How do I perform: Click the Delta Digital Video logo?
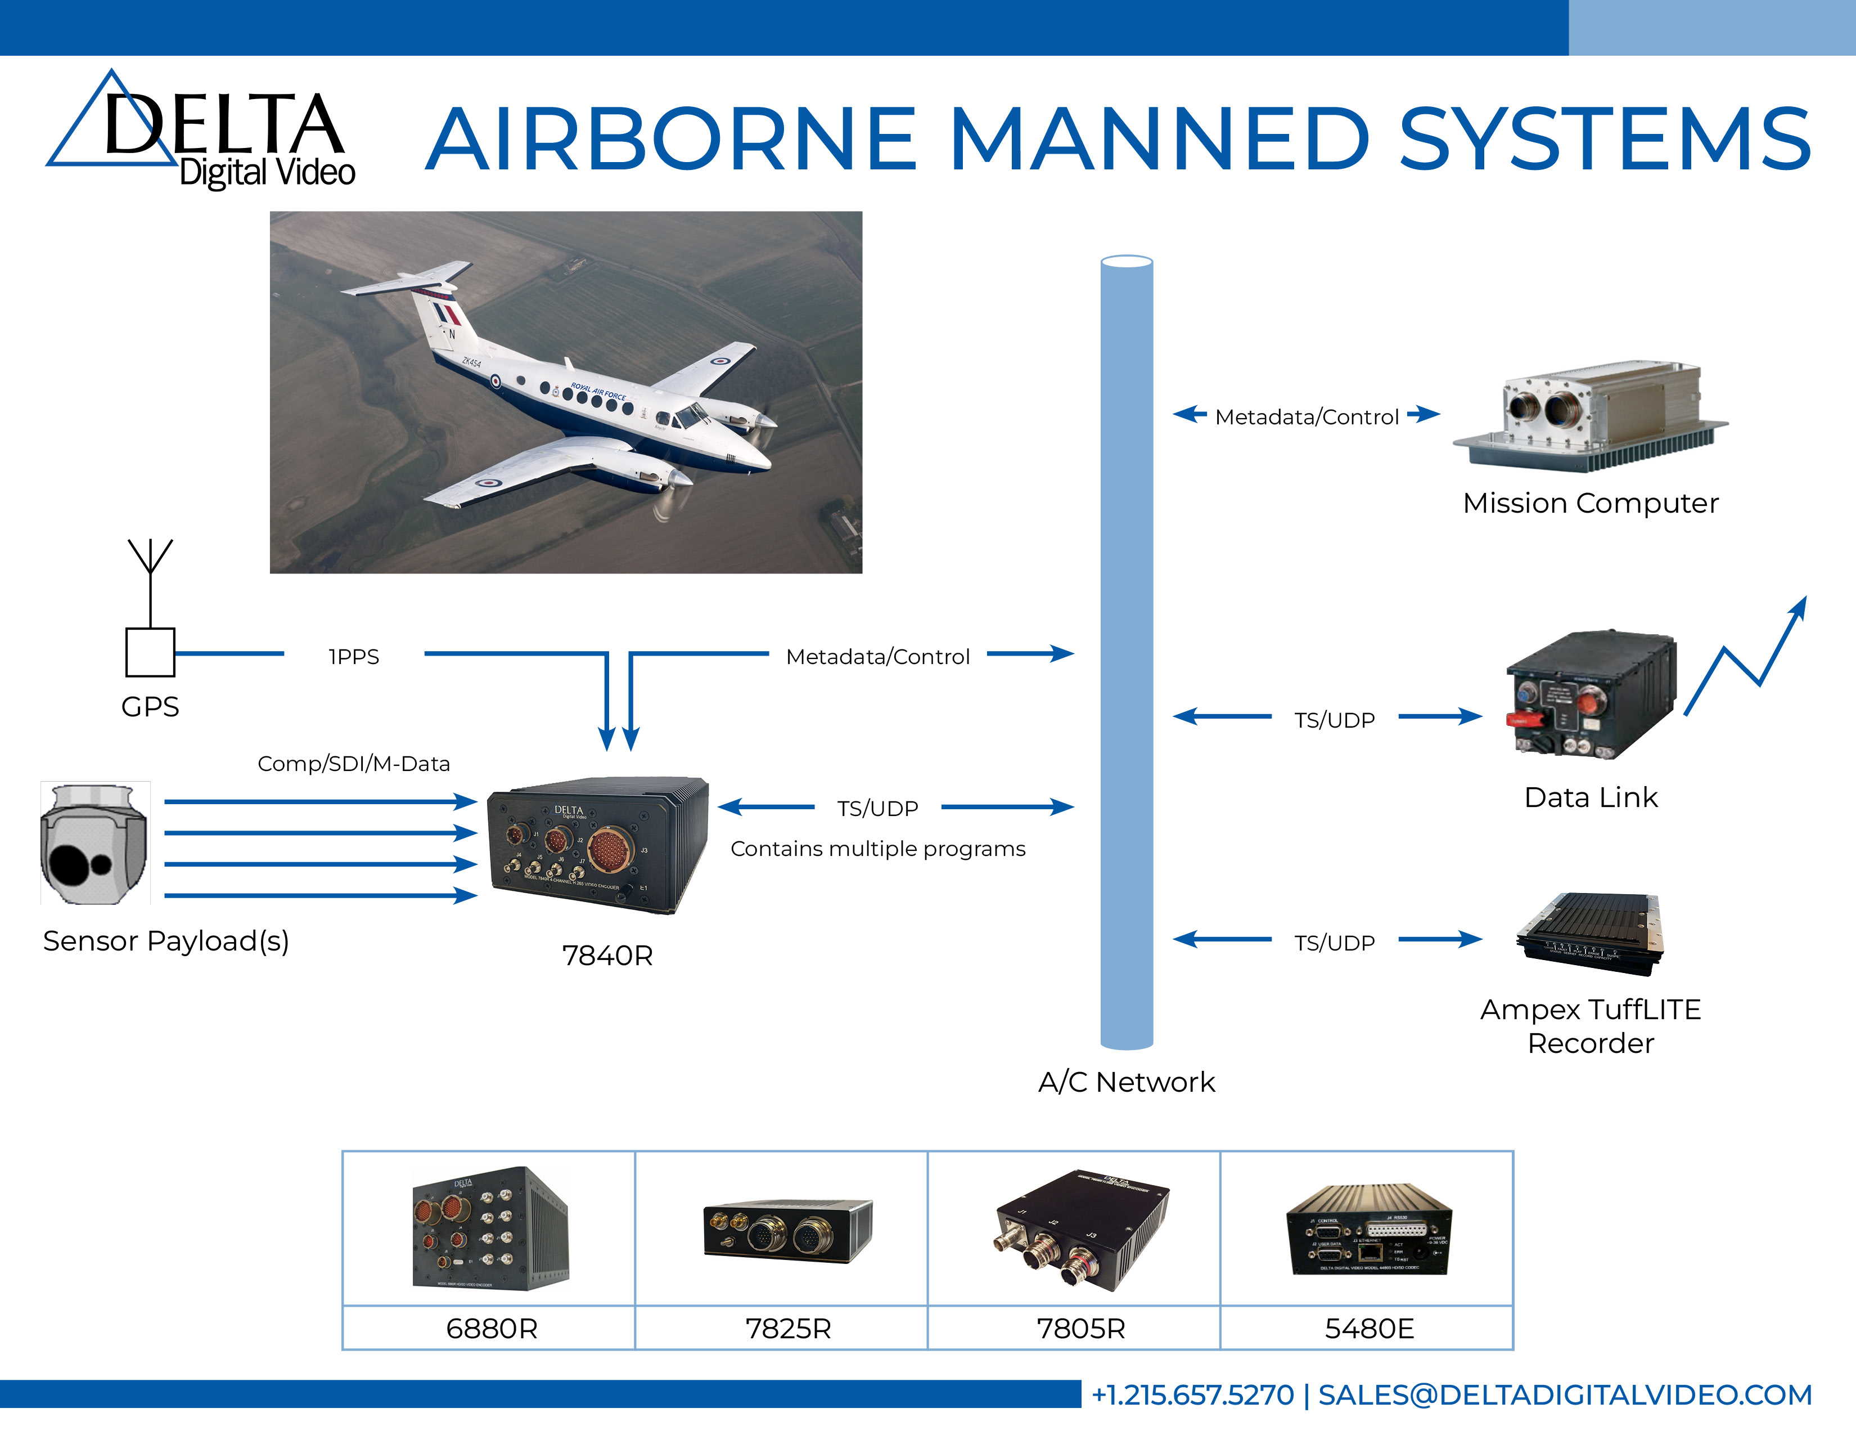(x=201, y=132)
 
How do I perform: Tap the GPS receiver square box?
(x=150, y=652)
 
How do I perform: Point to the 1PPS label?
(x=354, y=656)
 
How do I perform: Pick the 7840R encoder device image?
(x=597, y=845)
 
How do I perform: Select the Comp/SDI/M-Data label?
(x=354, y=764)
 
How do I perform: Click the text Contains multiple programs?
(x=878, y=849)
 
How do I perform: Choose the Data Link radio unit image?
(x=1590, y=694)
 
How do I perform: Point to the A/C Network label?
(x=1126, y=1082)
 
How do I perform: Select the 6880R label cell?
(x=491, y=1328)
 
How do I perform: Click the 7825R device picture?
(x=787, y=1230)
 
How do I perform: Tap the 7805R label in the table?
(x=1080, y=1328)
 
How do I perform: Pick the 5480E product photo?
(x=1368, y=1230)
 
